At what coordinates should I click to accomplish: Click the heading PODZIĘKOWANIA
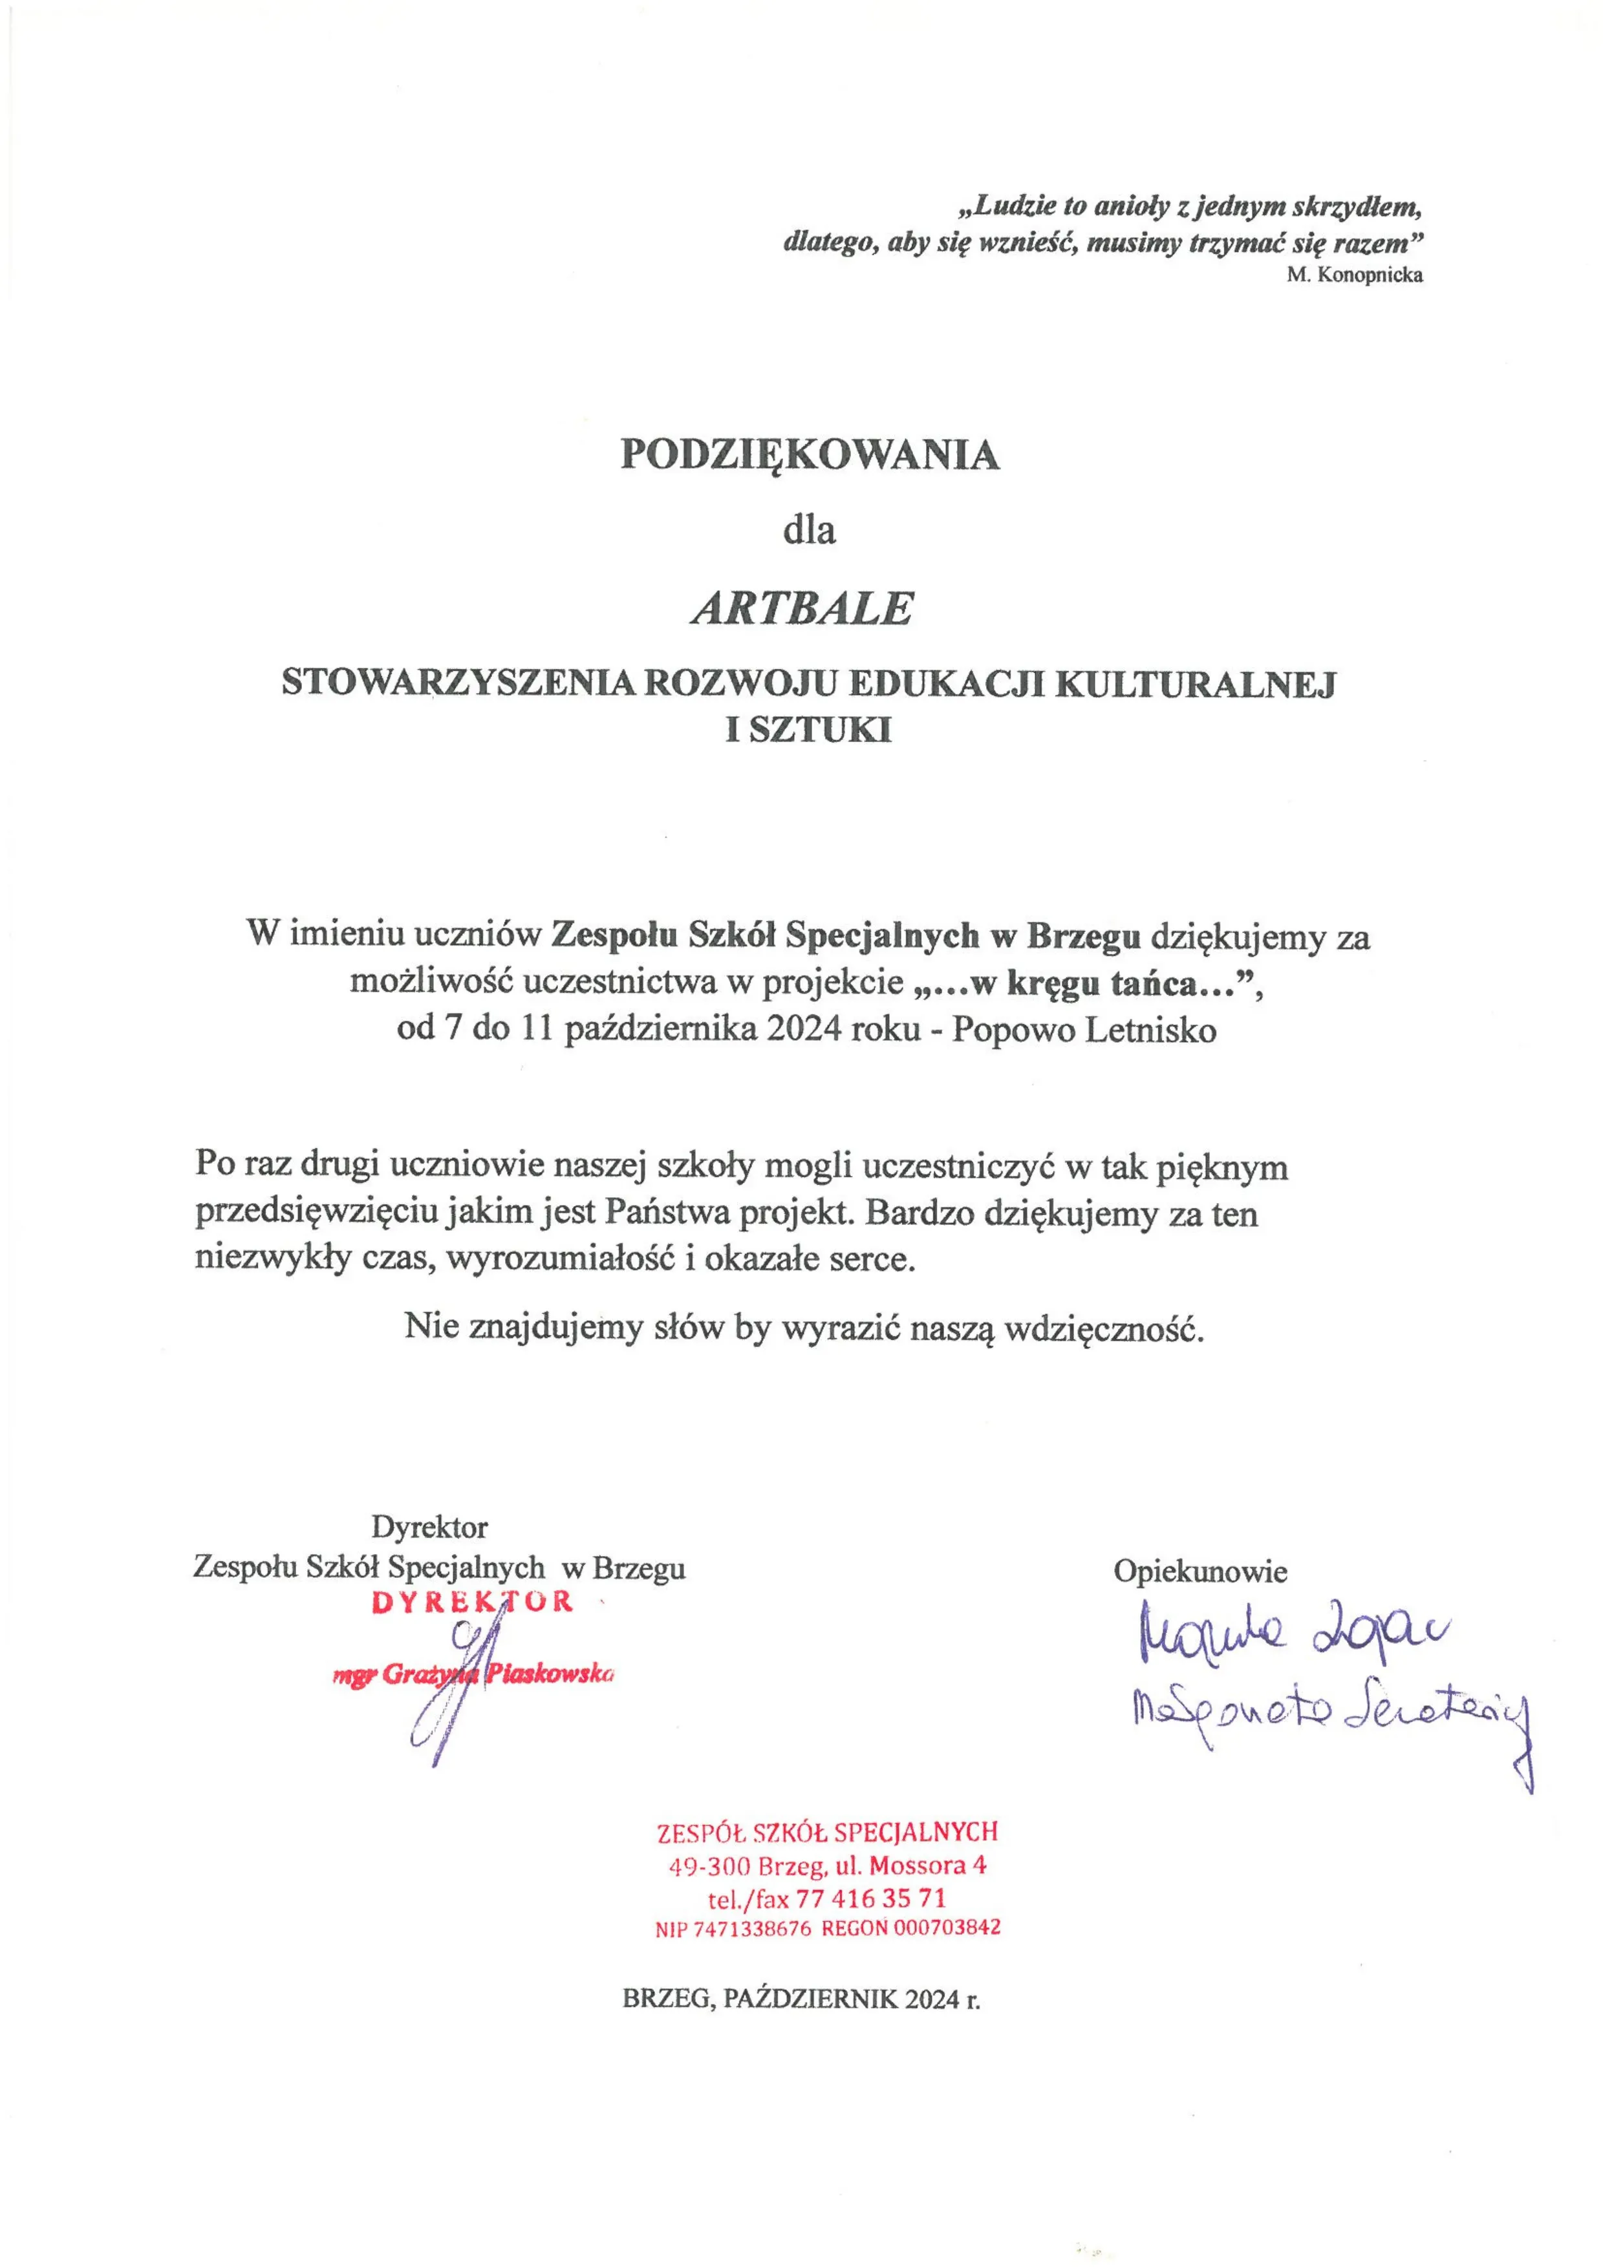click(809, 455)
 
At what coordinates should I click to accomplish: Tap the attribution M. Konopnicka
click(1354, 275)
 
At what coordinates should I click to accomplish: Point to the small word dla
click(809, 530)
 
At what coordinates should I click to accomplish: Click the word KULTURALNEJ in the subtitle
click(1194, 685)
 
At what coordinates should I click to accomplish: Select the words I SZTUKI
click(808, 730)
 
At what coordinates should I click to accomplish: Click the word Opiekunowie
click(1200, 1571)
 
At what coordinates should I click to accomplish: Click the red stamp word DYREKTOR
click(472, 1602)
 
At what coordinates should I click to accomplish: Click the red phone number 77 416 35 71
click(870, 1898)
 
